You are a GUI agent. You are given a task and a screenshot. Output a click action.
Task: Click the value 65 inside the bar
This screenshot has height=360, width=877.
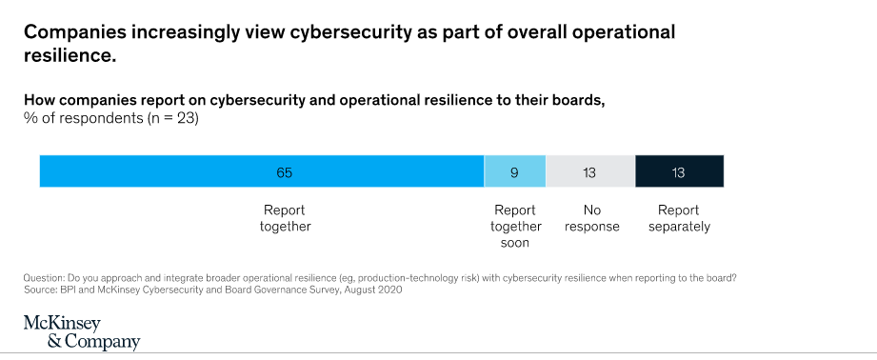click(x=284, y=172)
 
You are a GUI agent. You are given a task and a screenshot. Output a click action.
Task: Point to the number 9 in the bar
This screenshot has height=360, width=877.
click(x=515, y=173)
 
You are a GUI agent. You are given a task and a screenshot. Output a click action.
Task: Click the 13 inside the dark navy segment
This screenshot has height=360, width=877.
click(x=678, y=173)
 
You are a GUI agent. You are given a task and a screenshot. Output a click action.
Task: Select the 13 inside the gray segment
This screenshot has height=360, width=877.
click(x=590, y=173)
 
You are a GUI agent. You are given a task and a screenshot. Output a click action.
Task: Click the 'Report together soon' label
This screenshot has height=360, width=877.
click(x=515, y=227)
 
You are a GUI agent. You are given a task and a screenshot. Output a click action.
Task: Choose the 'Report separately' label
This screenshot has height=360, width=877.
click(x=678, y=218)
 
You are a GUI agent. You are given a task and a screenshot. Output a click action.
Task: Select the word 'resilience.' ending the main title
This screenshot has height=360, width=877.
click(x=70, y=55)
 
